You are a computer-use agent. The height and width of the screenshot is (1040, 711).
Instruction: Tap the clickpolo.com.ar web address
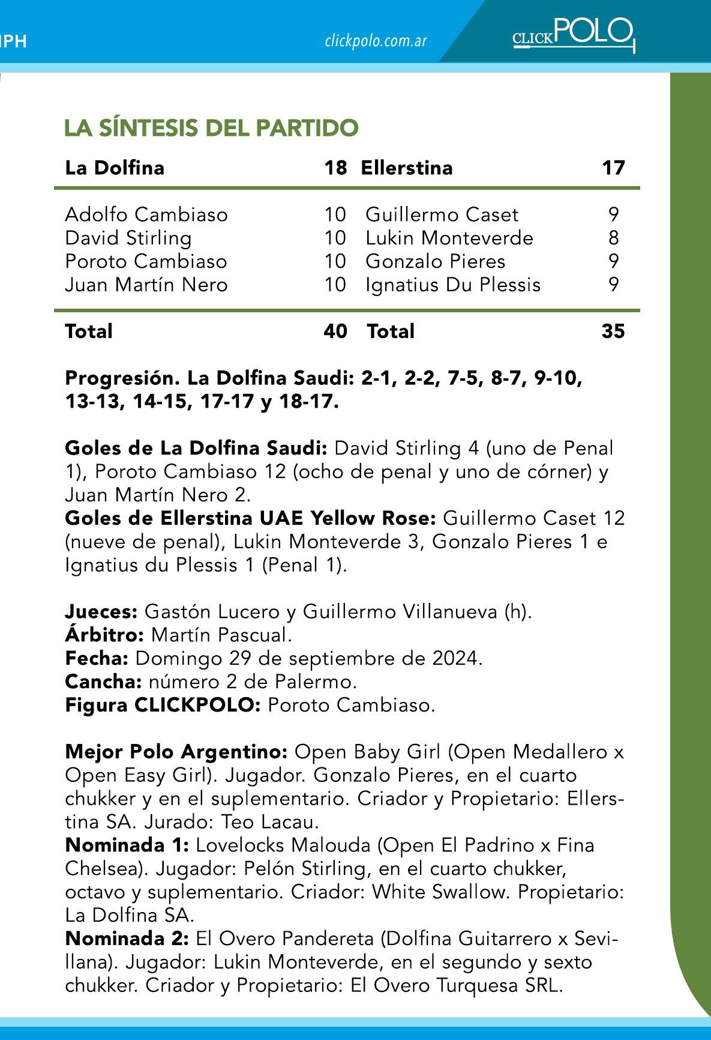pos(376,41)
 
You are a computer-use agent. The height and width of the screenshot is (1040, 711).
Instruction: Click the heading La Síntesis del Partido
pos(211,128)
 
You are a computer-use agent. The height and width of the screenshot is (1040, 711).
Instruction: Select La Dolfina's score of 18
pos(335,168)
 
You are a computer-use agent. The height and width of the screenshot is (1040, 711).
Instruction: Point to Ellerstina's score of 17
pos(613,168)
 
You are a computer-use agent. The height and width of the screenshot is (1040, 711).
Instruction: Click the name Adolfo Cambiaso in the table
pos(146,214)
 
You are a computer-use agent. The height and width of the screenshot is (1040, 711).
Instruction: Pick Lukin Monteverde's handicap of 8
pos(613,238)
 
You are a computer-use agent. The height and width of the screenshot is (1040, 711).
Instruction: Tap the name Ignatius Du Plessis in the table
pos(453,285)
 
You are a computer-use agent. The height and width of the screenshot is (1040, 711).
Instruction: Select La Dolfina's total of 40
pos(335,331)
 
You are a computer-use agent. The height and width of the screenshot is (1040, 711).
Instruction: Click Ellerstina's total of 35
pos(613,331)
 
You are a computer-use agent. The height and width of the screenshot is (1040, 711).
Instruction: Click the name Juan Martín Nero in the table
pos(146,285)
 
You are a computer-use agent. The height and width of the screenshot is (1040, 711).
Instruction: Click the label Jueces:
pos(101,612)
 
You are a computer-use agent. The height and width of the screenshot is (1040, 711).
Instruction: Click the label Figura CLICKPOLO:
pos(163,705)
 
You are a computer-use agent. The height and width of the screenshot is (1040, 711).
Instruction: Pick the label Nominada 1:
pos(127,845)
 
